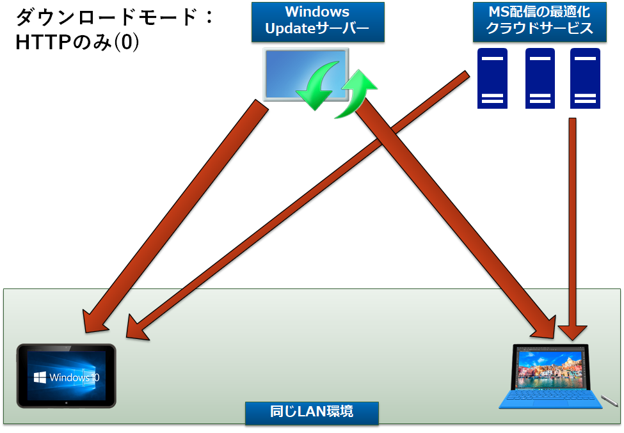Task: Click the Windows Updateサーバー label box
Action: pos(317,21)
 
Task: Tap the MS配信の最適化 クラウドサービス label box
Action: pos(539,21)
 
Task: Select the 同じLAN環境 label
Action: pos(312,412)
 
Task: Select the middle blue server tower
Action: pos(540,78)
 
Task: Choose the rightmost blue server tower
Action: pos(586,78)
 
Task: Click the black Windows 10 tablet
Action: pos(66,376)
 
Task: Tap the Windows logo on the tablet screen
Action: pos(40,376)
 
